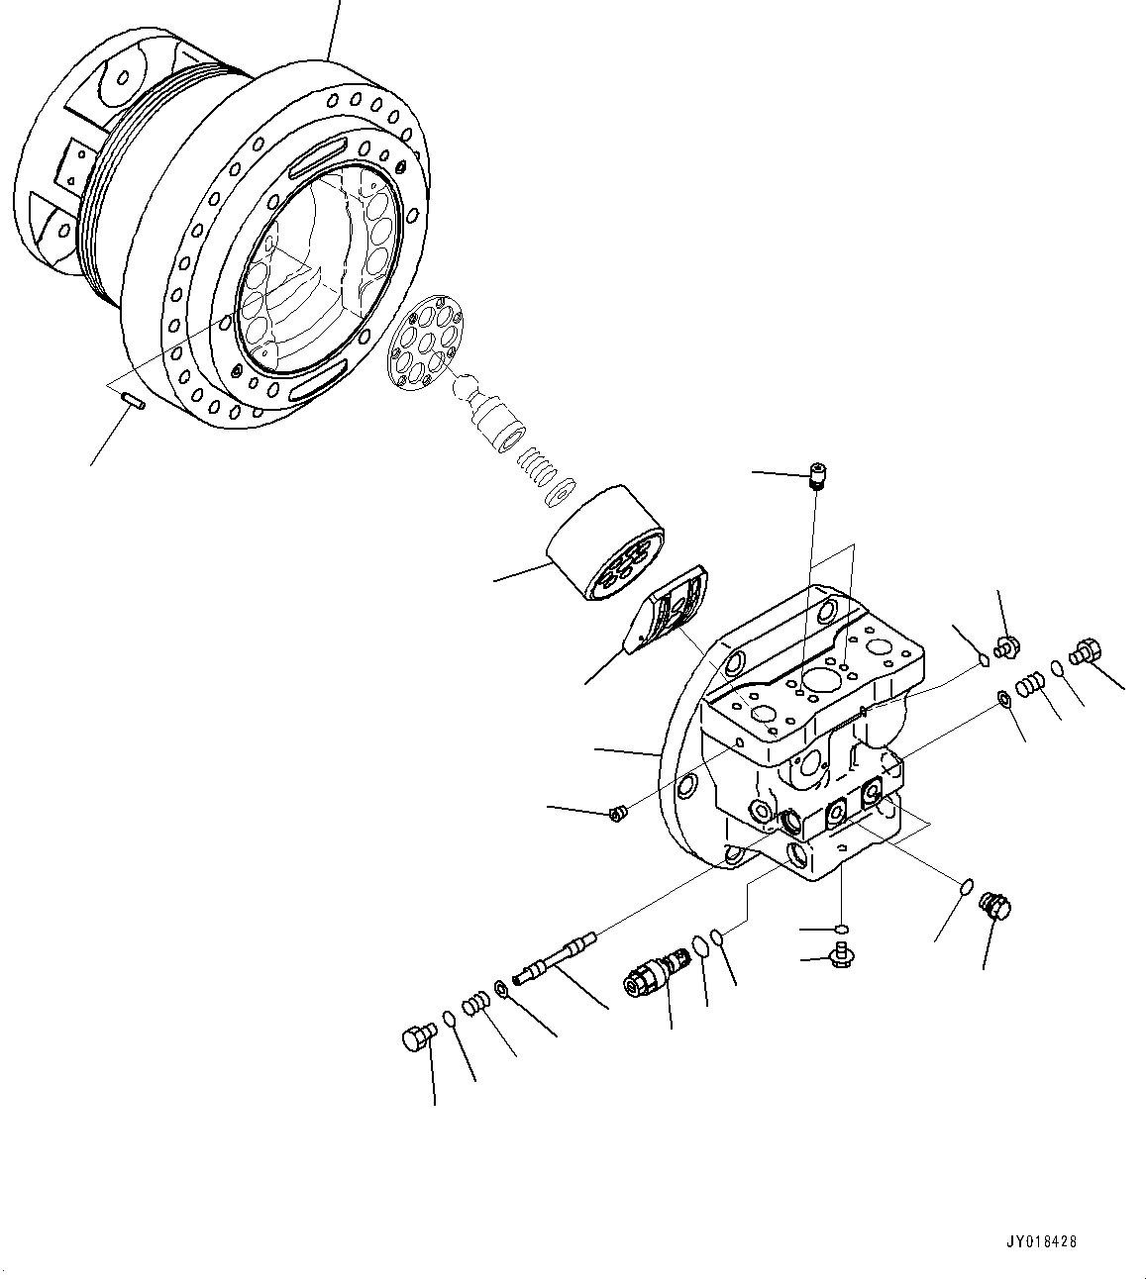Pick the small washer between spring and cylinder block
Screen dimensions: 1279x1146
click(x=564, y=492)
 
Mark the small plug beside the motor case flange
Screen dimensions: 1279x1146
click(x=616, y=814)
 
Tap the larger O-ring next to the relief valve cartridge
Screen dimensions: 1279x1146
click(x=699, y=946)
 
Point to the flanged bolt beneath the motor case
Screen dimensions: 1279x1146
click(x=841, y=955)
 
